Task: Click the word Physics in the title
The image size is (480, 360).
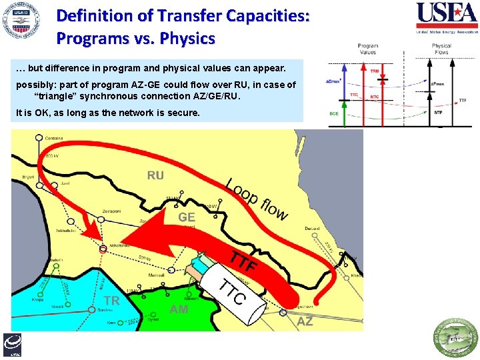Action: coord(187,39)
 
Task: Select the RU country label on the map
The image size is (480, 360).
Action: coord(155,175)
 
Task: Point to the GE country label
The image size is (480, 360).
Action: coord(186,217)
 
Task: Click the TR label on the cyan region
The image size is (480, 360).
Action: coord(111,301)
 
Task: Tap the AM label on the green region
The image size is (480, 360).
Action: coord(179,309)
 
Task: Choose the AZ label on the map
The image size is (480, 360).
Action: coord(305,321)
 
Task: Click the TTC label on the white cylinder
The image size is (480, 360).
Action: coord(233,293)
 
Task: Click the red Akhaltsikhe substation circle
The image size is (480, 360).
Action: coord(103,249)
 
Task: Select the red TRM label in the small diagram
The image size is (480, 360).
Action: coord(375,70)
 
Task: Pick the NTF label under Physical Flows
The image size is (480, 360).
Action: coord(438,113)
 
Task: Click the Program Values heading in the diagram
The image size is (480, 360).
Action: coord(367,49)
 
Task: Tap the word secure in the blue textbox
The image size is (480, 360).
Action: coord(185,113)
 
